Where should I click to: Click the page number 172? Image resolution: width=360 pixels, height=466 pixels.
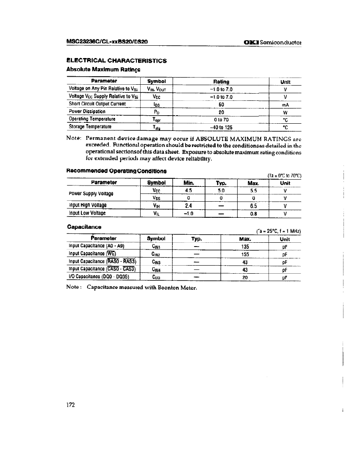coord(70,405)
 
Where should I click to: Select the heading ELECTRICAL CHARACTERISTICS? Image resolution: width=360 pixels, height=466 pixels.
coord(117,61)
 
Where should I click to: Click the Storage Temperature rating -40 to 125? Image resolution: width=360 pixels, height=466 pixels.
coord(221,127)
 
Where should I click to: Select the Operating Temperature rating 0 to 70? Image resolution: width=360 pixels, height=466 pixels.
coord(221,119)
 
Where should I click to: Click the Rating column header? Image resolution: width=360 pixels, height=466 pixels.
coord(221,82)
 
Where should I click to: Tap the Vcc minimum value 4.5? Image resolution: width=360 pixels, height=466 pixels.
coord(189,191)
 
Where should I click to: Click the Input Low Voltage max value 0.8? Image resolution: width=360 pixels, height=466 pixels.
coord(253,214)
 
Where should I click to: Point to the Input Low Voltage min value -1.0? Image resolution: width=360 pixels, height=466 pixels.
coord(189,214)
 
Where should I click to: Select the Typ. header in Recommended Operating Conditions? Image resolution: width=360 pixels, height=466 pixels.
coord(221,183)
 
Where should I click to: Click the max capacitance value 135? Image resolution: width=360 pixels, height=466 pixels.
coord(244,246)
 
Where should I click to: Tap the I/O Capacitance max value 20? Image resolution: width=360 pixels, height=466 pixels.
coord(244,277)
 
